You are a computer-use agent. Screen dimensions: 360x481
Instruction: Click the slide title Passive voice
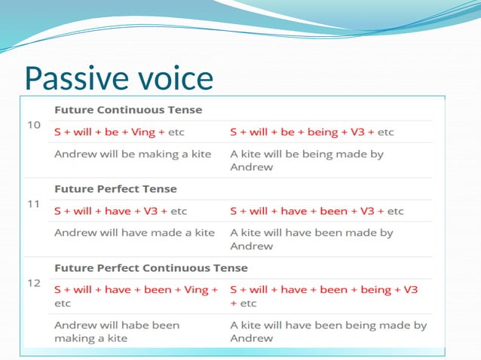coord(118,78)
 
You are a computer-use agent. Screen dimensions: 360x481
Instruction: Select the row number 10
coord(34,124)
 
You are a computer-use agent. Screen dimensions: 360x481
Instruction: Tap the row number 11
coord(34,203)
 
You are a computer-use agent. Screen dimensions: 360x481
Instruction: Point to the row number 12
coord(34,282)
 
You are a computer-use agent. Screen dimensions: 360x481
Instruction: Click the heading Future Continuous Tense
coord(127,110)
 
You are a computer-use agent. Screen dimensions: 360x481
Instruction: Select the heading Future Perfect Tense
coord(115,189)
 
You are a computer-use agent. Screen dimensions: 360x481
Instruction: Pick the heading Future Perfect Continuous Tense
coord(151,268)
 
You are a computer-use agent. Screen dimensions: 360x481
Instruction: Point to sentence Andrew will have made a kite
coord(134,233)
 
